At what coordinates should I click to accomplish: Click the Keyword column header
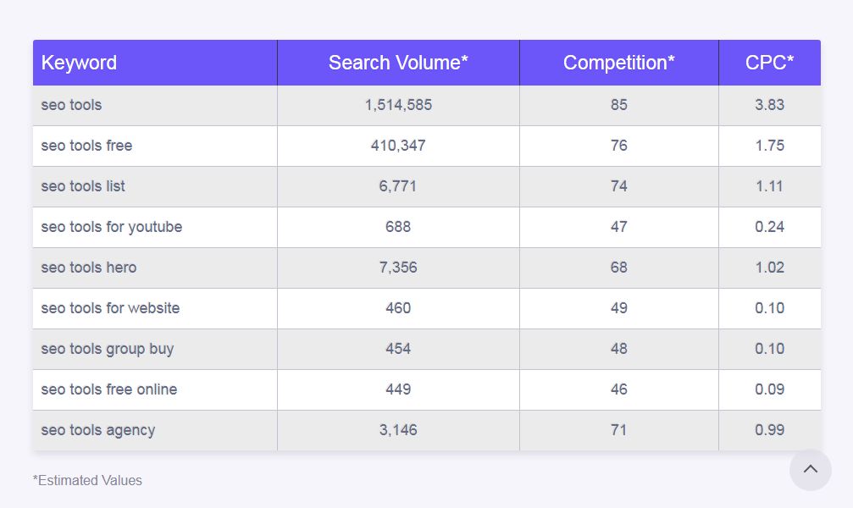point(79,63)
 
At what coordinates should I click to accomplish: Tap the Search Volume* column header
point(398,63)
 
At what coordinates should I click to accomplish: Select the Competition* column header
point(618,63)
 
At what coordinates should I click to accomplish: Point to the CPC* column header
point(769,63)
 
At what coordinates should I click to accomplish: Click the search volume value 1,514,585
point(398,105)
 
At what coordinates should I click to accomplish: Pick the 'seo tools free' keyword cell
point(86,146)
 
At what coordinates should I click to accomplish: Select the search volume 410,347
point(398,146)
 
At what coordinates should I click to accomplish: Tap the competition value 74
point(618,186)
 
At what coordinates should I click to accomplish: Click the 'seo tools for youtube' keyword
point(111,227)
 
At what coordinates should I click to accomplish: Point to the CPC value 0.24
point(769,227)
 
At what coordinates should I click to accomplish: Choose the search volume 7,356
point(398,268)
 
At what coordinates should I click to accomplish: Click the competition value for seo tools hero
point(618,268)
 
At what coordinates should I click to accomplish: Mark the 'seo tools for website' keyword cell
point(110,308)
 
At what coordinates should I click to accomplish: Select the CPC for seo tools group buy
point(769,349)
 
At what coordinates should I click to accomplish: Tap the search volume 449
point(398,389)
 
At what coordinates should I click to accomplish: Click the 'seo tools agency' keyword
point(97,430)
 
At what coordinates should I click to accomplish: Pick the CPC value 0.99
point(769,430)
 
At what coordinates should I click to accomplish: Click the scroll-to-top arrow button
point(811,470)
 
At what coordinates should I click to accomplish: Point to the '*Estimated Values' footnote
point(87,480)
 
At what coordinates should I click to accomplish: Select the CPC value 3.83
point(769,105)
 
